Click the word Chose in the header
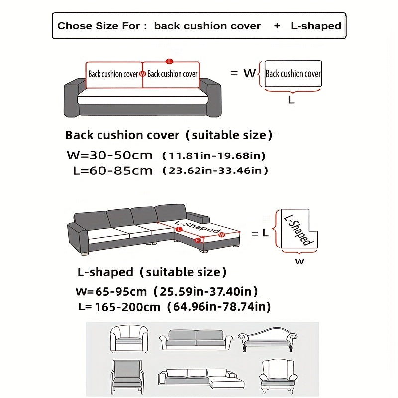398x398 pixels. [x=74, y=26]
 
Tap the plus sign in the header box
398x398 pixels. [x=277, y=26]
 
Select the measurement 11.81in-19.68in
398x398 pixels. [x=214, y=156]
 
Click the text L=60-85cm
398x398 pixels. [x=112, y=171]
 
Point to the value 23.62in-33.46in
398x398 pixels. [x=215, y=171]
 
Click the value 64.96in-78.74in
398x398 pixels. [x=219, y=307]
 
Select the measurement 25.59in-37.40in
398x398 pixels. [x=205, y=291]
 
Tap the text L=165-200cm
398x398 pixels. [x=119, y=307]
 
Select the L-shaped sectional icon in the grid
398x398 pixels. [x=201, y=380]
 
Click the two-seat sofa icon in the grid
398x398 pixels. [x=196, y=339]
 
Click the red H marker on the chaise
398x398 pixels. [x=198, y=240]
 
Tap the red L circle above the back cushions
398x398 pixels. [x=169, y=61]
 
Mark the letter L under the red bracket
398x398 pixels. [x=292, y=99]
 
